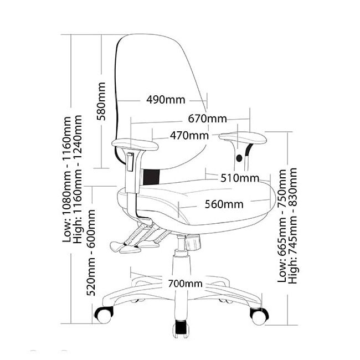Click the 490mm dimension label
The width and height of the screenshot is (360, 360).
165,100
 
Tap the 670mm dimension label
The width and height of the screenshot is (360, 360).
207,119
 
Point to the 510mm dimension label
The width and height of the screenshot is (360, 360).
240,178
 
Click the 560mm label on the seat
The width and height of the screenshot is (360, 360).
224,204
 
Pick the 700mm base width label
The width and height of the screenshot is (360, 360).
184,284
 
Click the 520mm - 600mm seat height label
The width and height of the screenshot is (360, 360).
92,250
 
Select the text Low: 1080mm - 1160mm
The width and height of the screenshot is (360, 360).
68,178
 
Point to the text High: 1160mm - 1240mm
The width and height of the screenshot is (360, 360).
79,178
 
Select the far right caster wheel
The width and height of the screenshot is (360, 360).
258,316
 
